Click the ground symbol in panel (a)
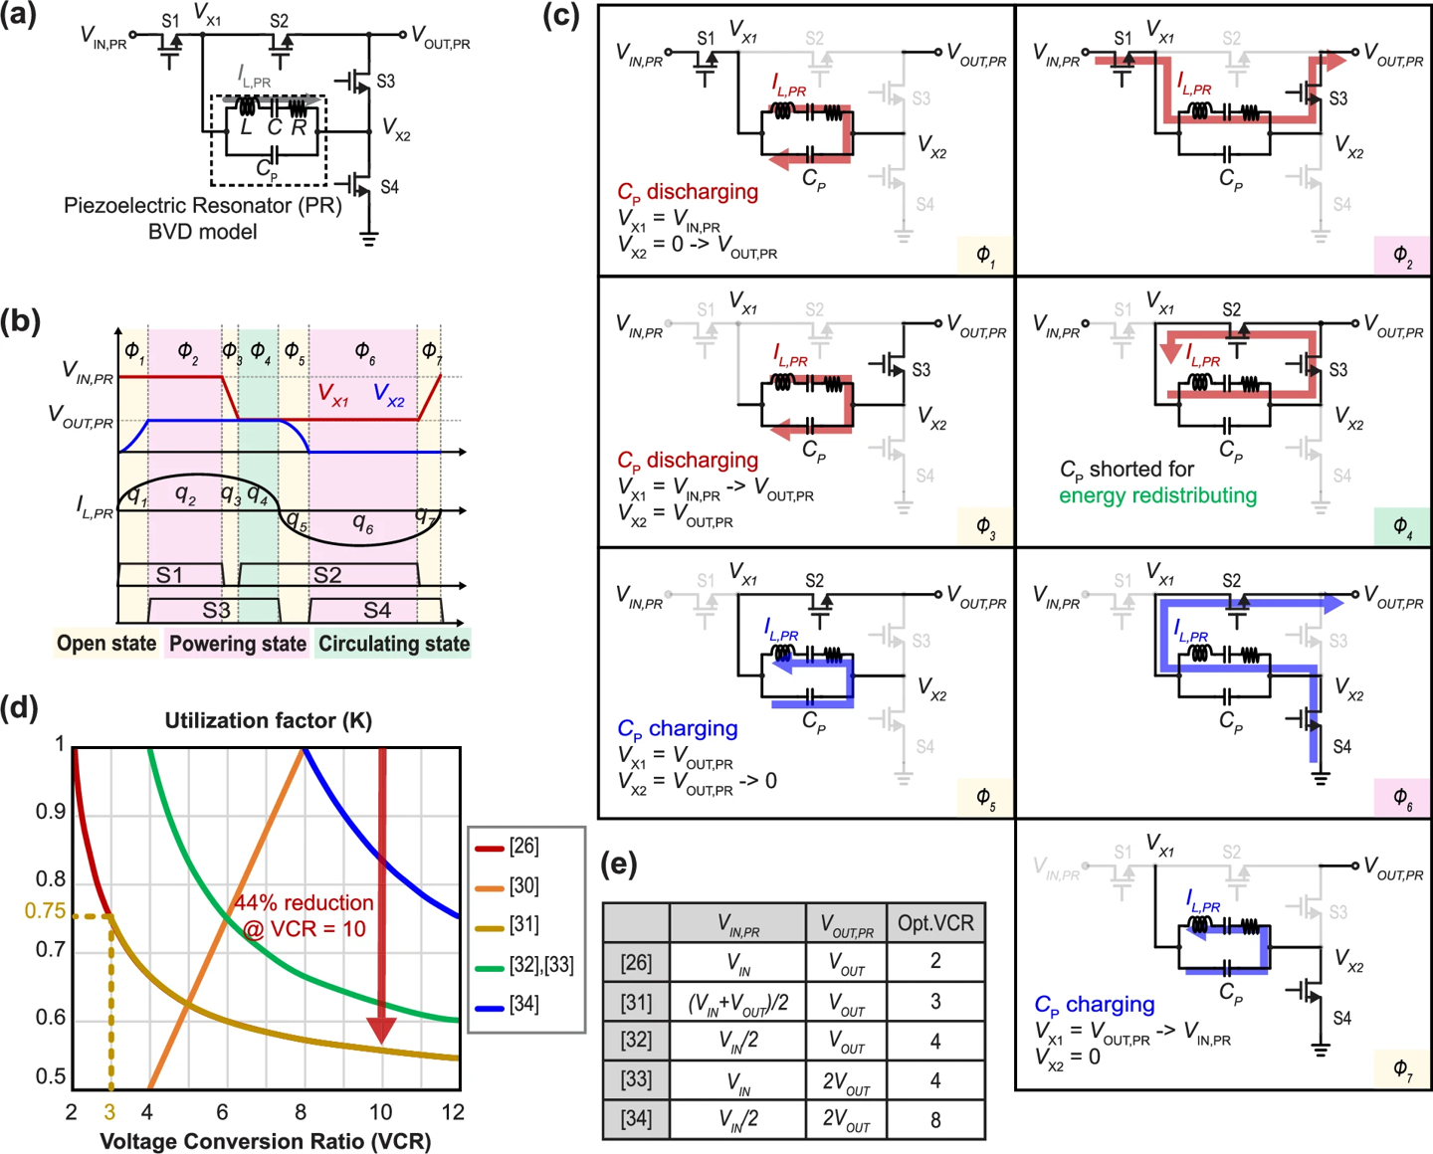[369, 239]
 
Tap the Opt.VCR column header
[934, 923]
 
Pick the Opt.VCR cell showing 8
[934, 1120]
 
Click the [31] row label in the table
[636, 1002]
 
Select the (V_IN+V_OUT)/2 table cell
[737, 1003]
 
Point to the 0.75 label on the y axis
[45, 910]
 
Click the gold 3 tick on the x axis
[109, 1111]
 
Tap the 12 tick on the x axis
[453, 1111]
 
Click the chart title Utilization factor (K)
[269, 720]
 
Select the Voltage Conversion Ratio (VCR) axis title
[266, 1141]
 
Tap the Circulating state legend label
[393, 644]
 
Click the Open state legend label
[106, 644]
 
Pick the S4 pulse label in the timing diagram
[377, 610]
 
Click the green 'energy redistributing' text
[1158, 496]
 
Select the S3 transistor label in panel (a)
[385, 82]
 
